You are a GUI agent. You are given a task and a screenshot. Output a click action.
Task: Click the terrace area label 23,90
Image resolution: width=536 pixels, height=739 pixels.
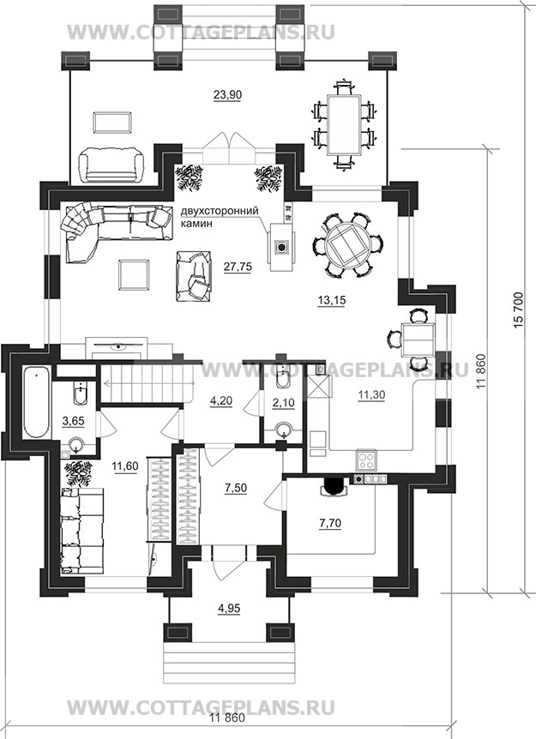[x=227, y=94]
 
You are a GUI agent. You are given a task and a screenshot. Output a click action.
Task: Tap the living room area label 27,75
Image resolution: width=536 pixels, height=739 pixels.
[x=238, y=267]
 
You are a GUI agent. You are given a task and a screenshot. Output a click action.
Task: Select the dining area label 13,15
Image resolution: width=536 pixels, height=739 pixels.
[x=331, y=300]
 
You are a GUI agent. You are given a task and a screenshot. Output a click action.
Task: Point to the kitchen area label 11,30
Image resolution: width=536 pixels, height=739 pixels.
[x=371, y=395]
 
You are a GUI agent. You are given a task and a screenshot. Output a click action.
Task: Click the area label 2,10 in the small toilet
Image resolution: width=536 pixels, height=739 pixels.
[x=283, y=402]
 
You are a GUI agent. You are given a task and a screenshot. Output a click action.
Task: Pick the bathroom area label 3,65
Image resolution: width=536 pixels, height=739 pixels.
[x=74, y=420]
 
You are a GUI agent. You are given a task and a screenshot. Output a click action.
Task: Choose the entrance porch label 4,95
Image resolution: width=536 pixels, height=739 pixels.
[x=229, y=609]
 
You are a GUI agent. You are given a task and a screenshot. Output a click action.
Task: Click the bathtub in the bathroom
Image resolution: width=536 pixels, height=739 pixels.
[x=36, y=402]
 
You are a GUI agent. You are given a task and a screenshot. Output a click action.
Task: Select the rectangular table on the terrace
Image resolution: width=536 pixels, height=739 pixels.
[x=345, y=124]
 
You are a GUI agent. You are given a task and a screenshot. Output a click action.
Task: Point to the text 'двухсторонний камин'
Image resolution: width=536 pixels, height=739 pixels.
[x=220, y=217]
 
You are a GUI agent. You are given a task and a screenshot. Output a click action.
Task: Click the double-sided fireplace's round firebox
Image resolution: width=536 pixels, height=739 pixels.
[x=281, y=247]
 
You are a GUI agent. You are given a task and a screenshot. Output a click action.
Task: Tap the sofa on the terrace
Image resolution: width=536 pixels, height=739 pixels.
[x=111, y=164]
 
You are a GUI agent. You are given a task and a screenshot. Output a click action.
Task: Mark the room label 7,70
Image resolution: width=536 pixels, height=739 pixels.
[x=330, y=523]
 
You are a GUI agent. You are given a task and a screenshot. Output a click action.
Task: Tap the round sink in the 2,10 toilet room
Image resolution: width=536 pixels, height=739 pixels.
[x=283, y=430]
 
